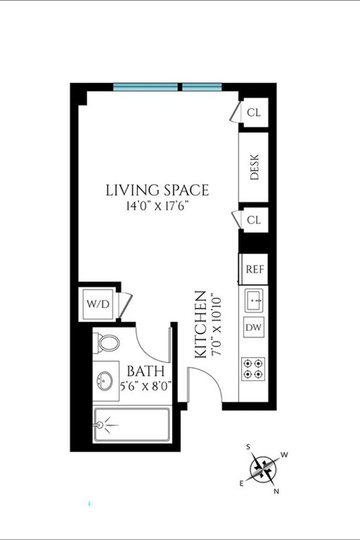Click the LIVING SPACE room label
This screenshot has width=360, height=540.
(x=157, y=190)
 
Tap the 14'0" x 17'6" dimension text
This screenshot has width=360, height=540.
(x=157, y=206)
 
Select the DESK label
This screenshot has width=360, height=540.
(x=254, y=167)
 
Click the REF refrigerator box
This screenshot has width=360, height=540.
(x=253, y=269)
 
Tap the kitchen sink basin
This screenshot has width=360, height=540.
(x=254, y=301)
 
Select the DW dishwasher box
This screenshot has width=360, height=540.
(x=254, y=327)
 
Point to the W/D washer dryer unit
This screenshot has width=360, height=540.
(x=98, y=304)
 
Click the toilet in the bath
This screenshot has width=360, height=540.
(x=106, y=343)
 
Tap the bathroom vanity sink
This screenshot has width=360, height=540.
(x=105, y=381)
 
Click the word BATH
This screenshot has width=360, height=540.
(x=146, y=371)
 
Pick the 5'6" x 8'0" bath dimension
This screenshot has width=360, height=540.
(x=146, y=387)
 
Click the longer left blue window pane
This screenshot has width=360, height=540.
(x=145, y=87)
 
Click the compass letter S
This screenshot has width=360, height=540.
(x=248, y=447)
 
